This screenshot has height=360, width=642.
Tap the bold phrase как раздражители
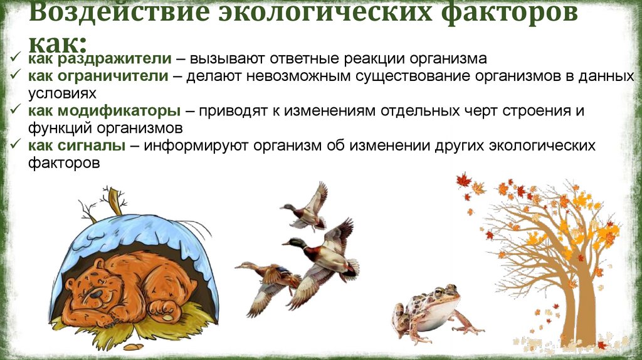click(99, 59)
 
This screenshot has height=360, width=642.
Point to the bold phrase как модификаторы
click(104, 111)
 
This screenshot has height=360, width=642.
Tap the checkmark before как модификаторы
click(17, 111)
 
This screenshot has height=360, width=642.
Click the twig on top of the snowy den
click(115, 200)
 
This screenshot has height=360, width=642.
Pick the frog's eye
click(438, 292)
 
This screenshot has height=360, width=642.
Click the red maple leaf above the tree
click(463, 181)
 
